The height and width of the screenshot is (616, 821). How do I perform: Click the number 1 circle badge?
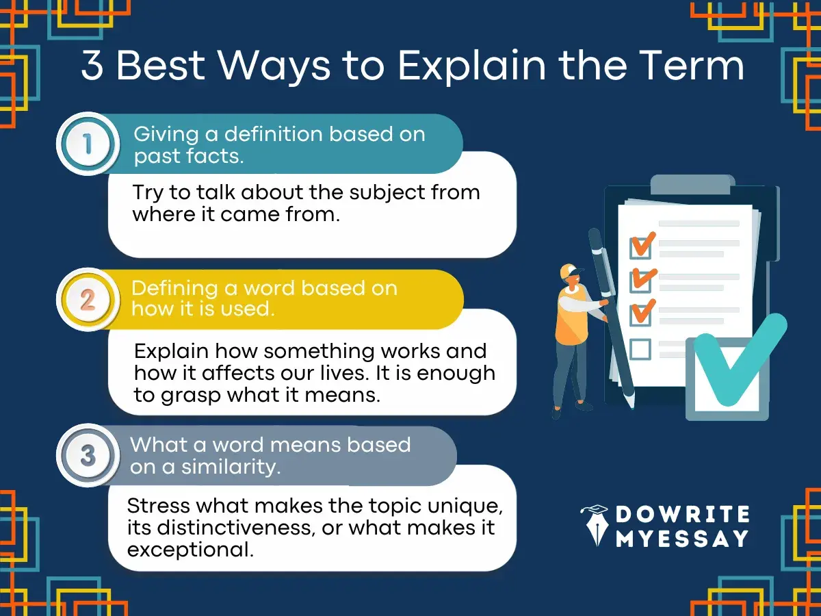[x=88, y=144]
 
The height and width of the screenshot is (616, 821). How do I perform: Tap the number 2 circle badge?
[x=88, y=300]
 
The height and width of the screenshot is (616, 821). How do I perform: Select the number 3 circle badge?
[x=88, y=455]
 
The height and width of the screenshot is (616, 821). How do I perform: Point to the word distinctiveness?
[x=230, y=528]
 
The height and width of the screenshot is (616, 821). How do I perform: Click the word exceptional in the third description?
[x=190, y=550]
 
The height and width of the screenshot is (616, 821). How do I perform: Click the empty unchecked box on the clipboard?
[x=640, y=349]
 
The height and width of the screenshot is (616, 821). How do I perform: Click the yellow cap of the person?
[x=568, y=271]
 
